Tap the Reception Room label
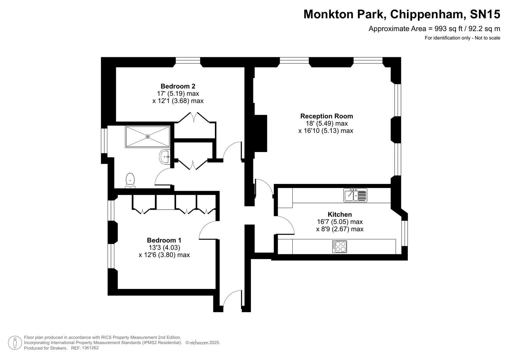pos(326,116)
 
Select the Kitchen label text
pos(340,214)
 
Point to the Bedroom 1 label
pos(164,240)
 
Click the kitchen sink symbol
pos(355,195)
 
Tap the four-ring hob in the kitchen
pos(339,246)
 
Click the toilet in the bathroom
pos(130,180)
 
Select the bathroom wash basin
pos(165,157)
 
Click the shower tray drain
pos(148,136)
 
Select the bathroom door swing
pos(163,177)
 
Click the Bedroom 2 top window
pos(188,60)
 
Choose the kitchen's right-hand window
pos(404,233)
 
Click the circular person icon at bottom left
pos(15,343)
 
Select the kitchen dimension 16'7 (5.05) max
pos(340,222)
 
